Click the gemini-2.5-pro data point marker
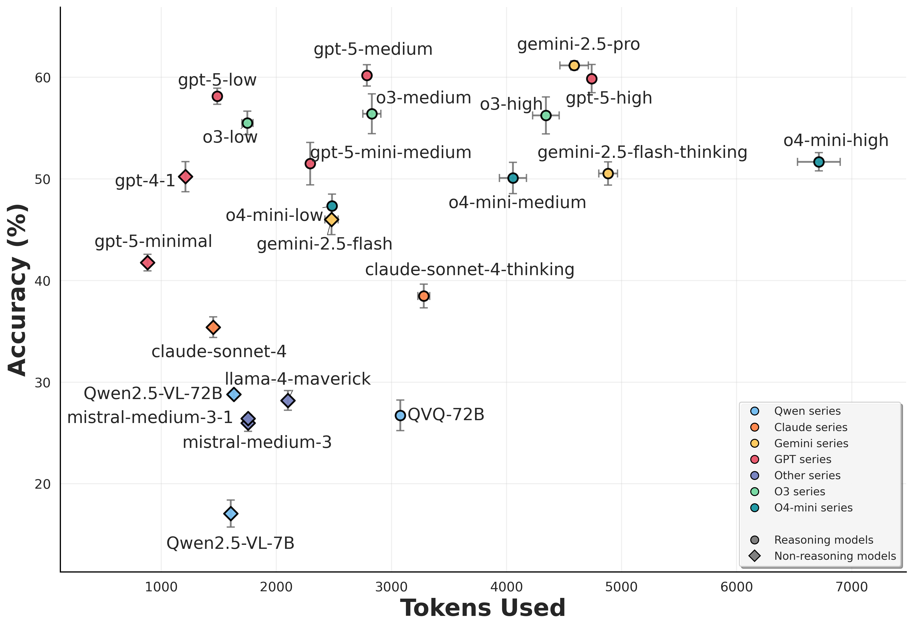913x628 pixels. (x=574, y=65)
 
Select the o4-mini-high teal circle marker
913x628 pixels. (x=819, y=162)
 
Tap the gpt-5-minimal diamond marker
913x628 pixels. (x=148, y=263)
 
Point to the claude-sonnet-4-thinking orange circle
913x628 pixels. (x=424, y=296)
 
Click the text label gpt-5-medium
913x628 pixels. (x=373, y=50)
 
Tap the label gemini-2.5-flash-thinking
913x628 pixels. (x=642, y=153)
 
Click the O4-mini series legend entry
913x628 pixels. (x=813, y=508)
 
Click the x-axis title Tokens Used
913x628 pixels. (x=483, y=608)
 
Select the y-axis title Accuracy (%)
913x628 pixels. (x=18, y=290)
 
